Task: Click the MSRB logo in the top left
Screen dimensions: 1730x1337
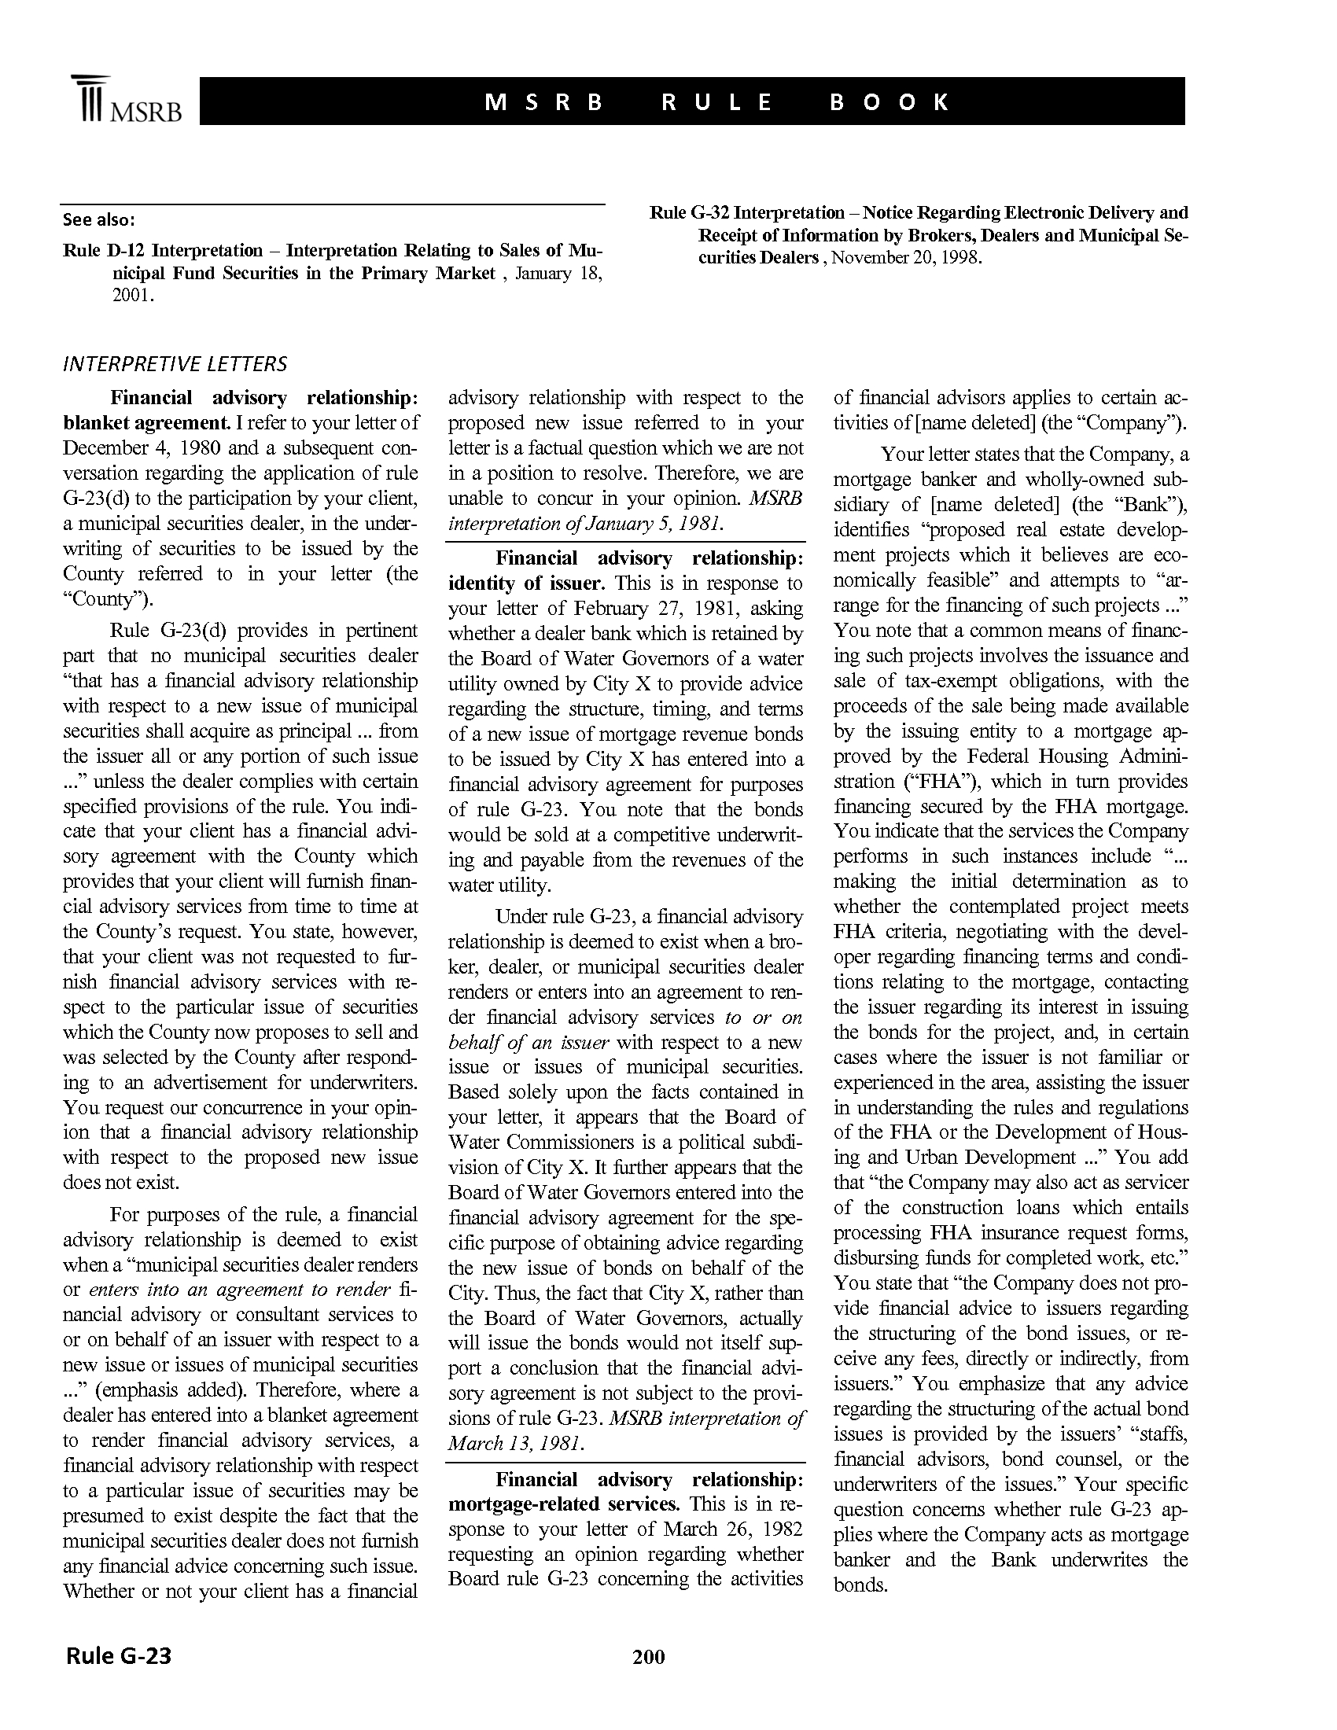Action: coord(127,101)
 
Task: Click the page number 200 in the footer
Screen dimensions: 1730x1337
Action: coord(648,1655)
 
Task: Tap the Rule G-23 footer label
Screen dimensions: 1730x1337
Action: coord(119,1655)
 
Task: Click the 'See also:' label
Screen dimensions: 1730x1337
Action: coord(99,219)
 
